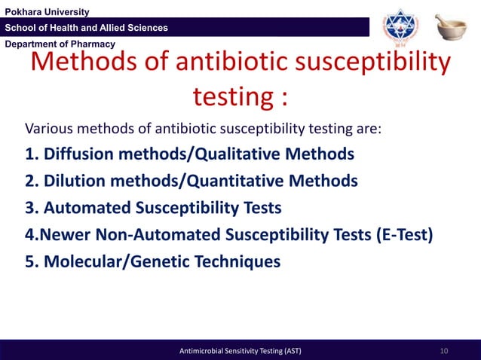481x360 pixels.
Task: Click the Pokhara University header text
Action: [47, 11]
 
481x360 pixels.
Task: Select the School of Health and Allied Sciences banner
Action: [87, 28]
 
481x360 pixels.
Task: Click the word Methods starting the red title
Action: [83, 64]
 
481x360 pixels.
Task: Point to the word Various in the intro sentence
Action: [51, 128]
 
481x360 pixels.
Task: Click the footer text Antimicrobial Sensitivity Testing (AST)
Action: [240, 351]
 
